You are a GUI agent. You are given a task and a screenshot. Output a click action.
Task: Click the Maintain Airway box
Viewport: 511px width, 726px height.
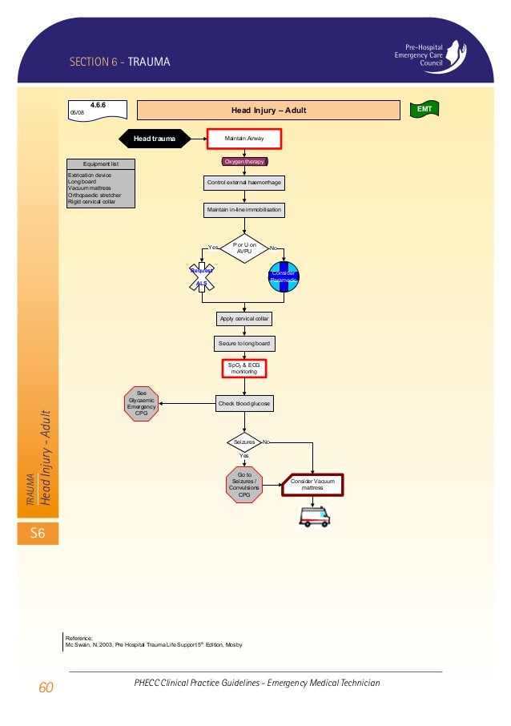click(x=244, y=139)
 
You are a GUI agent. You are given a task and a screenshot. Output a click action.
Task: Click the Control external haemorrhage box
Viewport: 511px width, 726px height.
click(x=244, y=183)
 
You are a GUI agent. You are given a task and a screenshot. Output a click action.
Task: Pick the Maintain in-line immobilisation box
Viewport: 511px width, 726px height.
click(x=244, y=211)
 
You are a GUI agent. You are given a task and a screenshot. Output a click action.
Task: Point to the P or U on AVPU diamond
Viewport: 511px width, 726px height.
click(x=244, y=248)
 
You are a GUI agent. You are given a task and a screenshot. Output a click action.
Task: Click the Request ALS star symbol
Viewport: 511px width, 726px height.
click(x=202, y=276)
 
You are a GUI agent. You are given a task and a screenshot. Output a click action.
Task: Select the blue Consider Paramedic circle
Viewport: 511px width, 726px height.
click(x=284, y=276)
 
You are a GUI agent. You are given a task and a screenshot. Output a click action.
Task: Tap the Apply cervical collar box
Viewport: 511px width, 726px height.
click(x=244, y=319)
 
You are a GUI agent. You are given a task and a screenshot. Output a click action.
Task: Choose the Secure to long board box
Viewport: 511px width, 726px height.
click(x=244, y=344)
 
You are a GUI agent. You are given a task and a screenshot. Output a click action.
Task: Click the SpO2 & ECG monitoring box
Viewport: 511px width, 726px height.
click(x=244, y=369)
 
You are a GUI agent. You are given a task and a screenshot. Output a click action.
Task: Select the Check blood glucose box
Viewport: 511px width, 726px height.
click(x=244, y=404)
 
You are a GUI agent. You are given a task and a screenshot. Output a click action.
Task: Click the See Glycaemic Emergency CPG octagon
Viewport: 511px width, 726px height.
click(x=142, y=403)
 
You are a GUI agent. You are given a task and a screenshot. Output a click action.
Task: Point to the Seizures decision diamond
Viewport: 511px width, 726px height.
click(x=243, y=442)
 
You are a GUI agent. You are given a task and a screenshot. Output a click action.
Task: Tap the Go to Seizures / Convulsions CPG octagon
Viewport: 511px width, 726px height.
click(x=244, y=483)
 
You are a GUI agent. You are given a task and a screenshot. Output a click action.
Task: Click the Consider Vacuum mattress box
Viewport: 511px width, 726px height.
click(x=312, y=484)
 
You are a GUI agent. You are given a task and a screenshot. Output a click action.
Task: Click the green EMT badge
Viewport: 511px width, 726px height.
click(x=424, y=107)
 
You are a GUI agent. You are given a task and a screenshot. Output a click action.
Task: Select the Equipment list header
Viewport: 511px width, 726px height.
click(x=102, y=164)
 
